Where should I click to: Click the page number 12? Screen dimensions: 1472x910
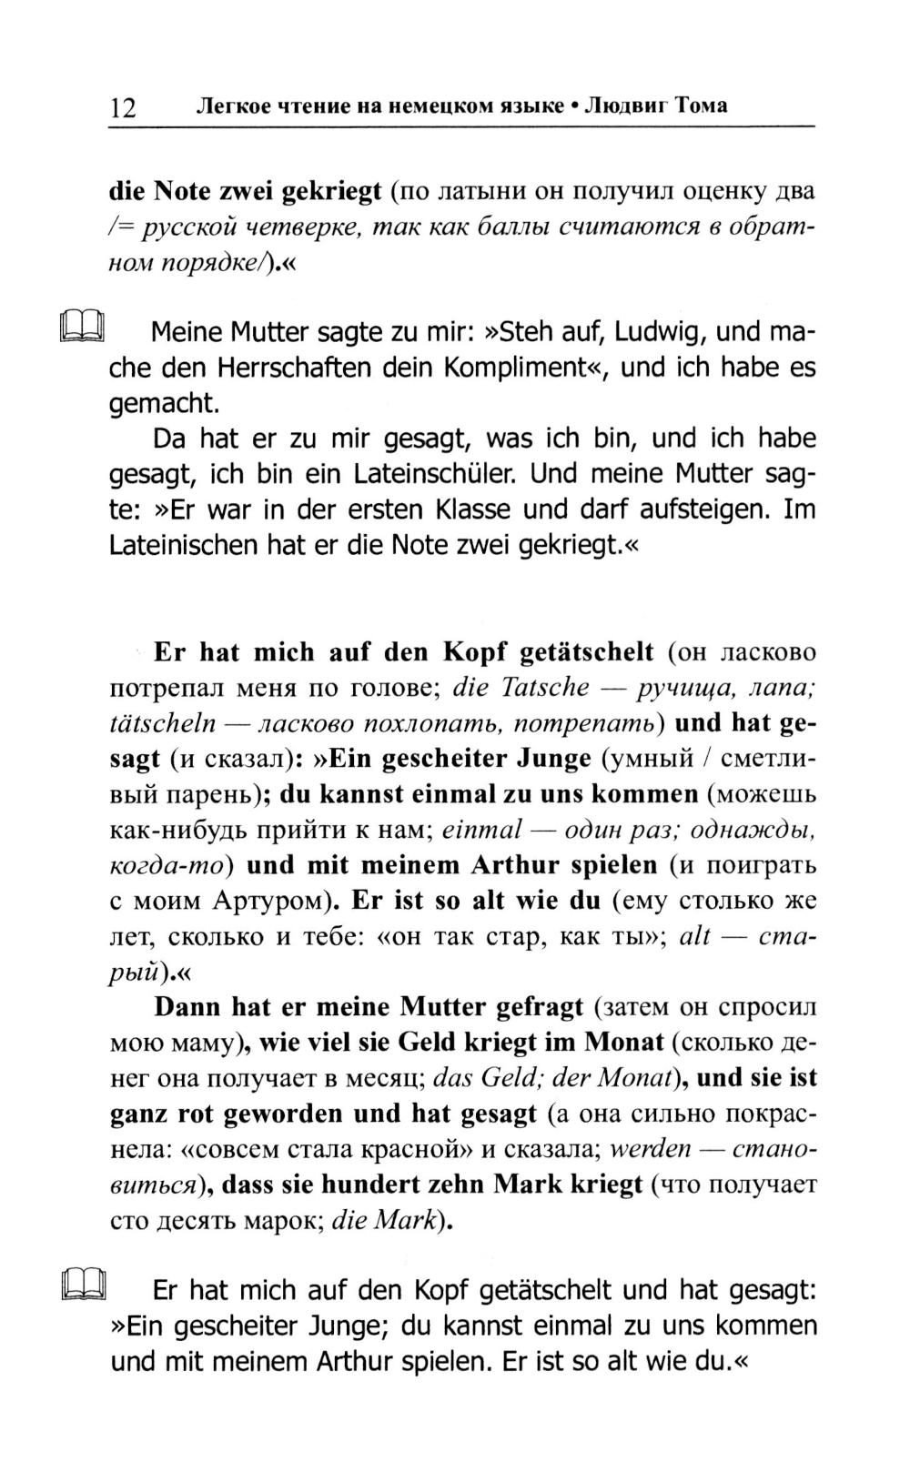123,108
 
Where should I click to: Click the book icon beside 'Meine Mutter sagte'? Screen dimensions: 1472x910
83,326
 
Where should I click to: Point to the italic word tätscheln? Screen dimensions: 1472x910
163,722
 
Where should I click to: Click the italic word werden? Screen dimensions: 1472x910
650,1148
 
